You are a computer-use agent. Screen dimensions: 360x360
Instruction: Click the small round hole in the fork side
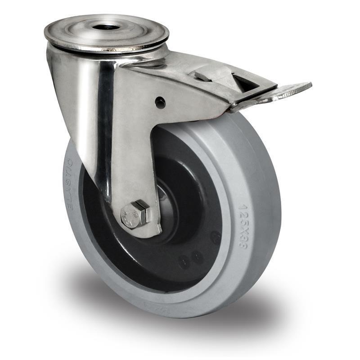[160, 103]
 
